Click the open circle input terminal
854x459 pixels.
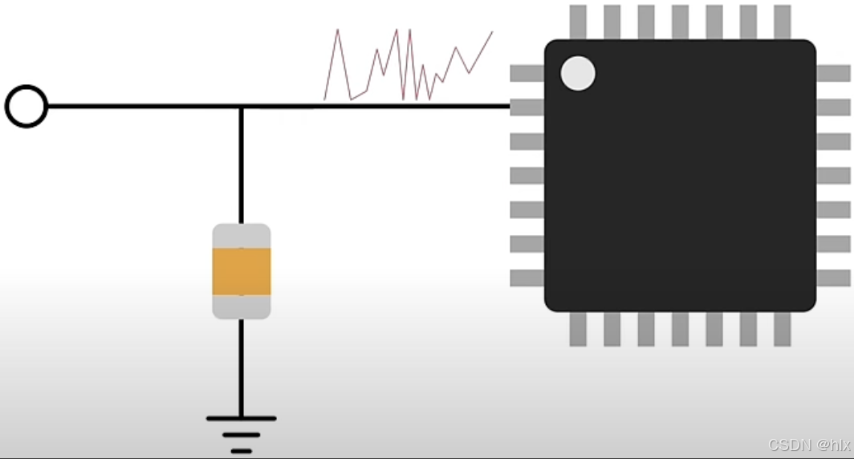point(26,106)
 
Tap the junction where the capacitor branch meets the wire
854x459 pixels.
point(241,106)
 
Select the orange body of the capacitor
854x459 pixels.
point(242,271)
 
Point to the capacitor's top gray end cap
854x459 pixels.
point(242,236)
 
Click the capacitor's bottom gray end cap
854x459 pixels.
point(242,307)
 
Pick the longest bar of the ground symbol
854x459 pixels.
point(241,418)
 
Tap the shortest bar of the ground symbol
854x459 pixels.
point(241,451)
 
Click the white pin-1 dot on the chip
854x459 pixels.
point(578,74)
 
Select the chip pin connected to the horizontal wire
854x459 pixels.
point(527,107)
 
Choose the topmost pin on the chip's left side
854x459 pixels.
point(527,73)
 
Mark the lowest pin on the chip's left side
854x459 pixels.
point(527,278)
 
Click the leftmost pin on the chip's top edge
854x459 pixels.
point(578,22)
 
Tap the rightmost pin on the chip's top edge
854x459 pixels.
point(783,22)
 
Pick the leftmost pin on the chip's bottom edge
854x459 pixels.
point(578,329)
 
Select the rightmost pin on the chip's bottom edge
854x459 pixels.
point(783,329)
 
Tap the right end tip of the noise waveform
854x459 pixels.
point(492,32)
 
